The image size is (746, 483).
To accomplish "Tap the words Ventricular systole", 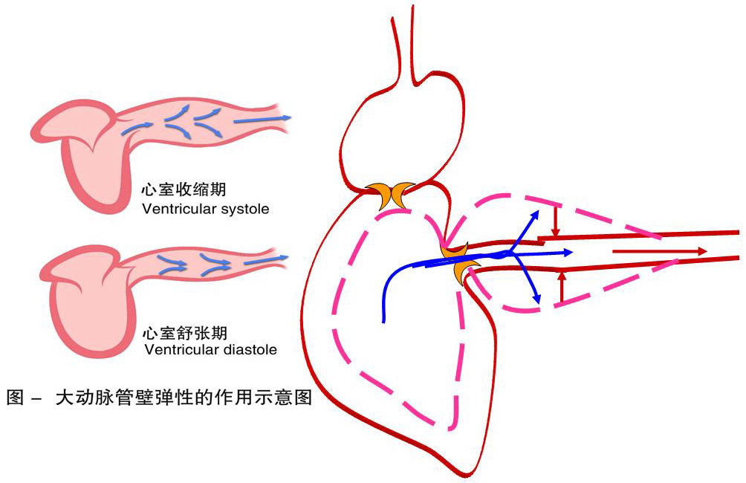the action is click(206, 209).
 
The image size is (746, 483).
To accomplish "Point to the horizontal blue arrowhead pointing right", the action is click(568, 253).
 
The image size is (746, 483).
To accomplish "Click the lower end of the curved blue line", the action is click(384, 321).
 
